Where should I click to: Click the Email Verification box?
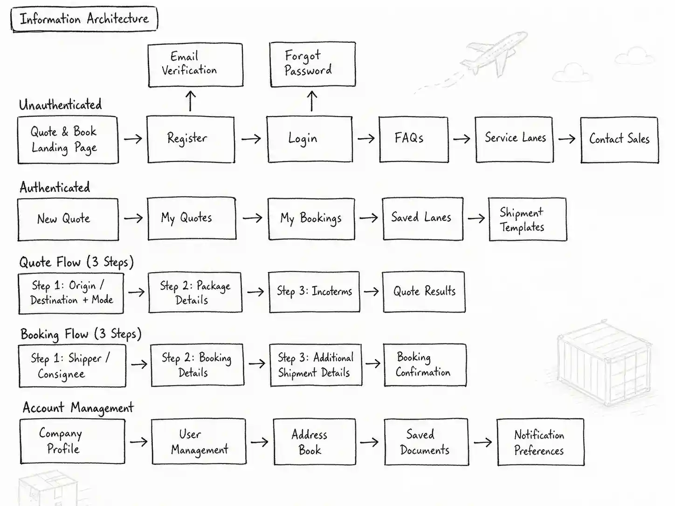tap(195, 65)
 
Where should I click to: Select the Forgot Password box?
tap(312, 64)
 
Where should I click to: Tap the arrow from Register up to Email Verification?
tap(190, 101)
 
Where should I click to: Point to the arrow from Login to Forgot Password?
tap(312, 101)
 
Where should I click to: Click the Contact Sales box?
tap(619, 139)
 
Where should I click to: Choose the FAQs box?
tap(413, 139)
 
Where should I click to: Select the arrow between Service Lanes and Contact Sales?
tap(566, 139)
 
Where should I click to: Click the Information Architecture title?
tap(84, 19)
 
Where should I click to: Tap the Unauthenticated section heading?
tap(60, 105)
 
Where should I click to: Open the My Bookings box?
tap(311, 219)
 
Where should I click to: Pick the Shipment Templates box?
tap(527, 219)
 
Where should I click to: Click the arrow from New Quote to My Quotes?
tap(133, 218)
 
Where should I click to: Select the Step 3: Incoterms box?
tap(314, 292)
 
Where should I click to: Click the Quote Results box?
tap(424, 292)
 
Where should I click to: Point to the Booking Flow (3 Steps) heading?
tap(81, 334)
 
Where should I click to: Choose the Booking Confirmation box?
tap(425, 365)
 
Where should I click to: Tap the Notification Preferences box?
tap(540, 442)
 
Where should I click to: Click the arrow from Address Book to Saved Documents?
tap(369, 442)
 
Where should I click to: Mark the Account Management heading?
tap(78, 408)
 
